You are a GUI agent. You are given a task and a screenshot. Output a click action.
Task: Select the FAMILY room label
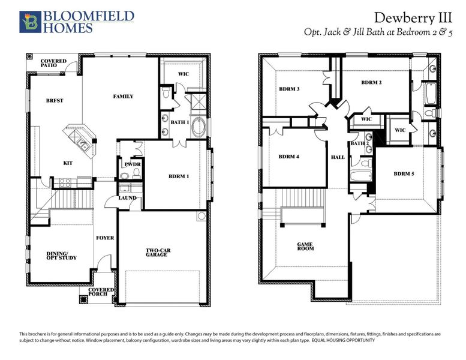pyautogui.click(x=124, y=96)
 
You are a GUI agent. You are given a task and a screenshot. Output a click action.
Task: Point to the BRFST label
pyautogui.click(x=55, y=100)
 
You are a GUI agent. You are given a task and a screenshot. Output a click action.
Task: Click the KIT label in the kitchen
pyautogui.click(x=68, y=162)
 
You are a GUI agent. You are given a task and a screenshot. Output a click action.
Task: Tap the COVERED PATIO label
pyautogui.click(x=54, y=63)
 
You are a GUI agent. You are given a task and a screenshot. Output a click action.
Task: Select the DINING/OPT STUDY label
pyautogui.click(x=61, y=256)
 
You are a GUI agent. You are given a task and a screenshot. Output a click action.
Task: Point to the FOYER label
pyautogui.click(x=105, y=238)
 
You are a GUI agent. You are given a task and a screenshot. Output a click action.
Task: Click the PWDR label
pyautogui.click(x=132, y=164)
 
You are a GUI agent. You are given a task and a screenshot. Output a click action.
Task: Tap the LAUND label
pyautogui.click(x=127, y=197)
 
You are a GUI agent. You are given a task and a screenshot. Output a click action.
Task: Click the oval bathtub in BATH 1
pyautogui.click(x=200, y=127)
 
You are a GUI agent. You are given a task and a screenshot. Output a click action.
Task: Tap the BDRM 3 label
pyautogui.click(x=290, y=89)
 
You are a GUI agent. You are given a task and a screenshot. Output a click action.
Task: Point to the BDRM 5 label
pyautogui.click(x=404, y=174)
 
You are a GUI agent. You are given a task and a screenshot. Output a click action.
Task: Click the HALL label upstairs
pyautogui.click(x=338, y=157)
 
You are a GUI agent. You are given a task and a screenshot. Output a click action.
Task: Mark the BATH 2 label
pyautogui.click(x=359, y=143)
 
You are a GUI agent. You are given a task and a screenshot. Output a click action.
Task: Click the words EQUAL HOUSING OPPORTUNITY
pyautogui.click(x=344, y=340)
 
